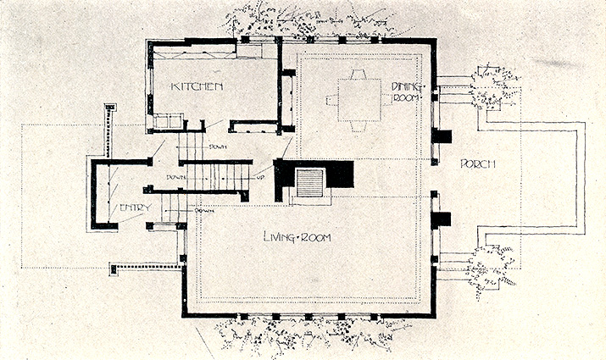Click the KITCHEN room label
click(x=197, y=86)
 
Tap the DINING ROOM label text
click(x=405, y=92)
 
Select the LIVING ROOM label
click(x=297, y=236)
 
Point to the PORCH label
click(x=478, y=163)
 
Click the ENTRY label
click(x=136, y=208)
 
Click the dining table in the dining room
click(x=359, y=100)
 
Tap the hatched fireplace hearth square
click(x=309, y=183)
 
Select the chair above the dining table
click(x=359, y=75)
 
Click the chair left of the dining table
click(x=332, y=101)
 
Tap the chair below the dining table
click(x=359, y=127)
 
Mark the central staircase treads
click(x=218, y=177)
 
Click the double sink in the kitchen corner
click(x=169, y=121)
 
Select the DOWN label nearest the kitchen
click(x=217, y=147)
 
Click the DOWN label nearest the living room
click(x=203, y=211)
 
